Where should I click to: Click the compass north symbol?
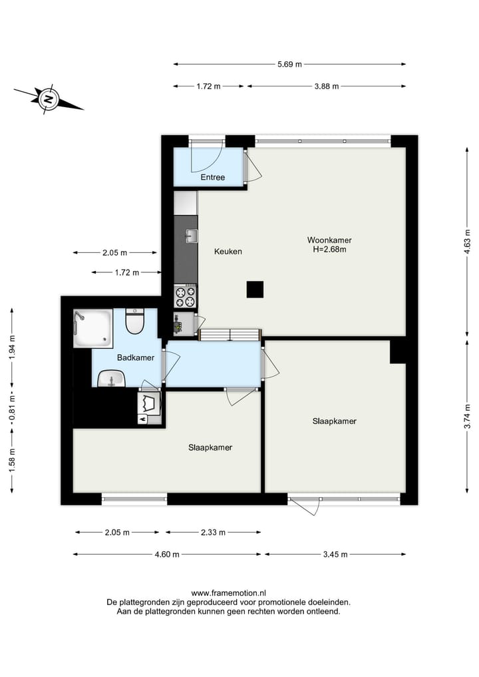49,100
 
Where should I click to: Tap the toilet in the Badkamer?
135,322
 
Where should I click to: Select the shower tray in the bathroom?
92,328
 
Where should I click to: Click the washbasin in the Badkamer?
110,379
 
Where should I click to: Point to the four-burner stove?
185,295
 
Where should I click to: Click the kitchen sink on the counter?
190,236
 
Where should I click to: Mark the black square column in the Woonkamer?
255,290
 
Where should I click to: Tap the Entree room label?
213,177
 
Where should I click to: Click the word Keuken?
228,252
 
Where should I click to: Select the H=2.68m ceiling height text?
329,250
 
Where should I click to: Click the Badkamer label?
135,357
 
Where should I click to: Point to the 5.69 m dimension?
289,65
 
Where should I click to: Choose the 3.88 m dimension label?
326,87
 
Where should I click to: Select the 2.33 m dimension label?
212,532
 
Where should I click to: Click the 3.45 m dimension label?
335,554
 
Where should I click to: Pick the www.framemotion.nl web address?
228,592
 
